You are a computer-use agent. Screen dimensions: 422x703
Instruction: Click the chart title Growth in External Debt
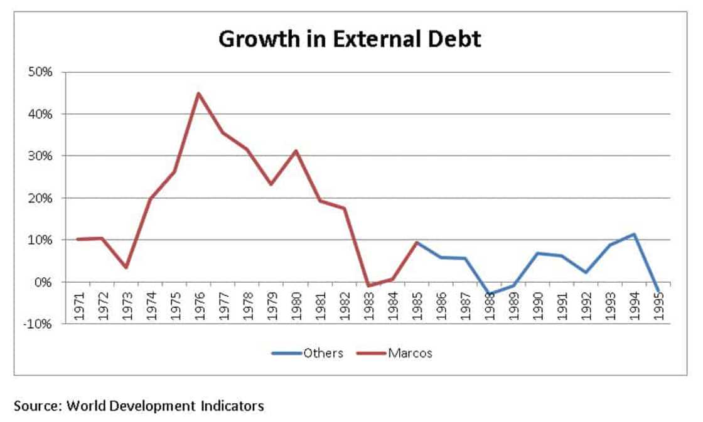click(350, 40)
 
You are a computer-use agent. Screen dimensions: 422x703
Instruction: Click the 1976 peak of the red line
click(198, 93)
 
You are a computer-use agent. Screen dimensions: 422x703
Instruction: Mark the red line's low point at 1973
click(126, 268)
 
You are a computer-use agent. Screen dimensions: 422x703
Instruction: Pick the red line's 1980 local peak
click(296, 150)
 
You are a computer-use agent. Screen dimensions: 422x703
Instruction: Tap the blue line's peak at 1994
click(635, 235)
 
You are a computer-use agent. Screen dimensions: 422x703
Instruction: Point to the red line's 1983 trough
click(368, 286)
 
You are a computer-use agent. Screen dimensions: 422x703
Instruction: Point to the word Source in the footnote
click(35, 406)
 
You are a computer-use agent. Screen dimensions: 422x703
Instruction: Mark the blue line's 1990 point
click(538, 253)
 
